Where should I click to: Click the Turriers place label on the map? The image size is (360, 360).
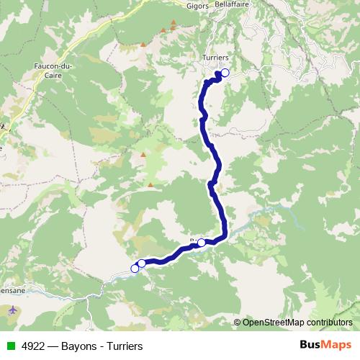(216, 58)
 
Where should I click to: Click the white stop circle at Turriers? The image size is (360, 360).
(225, 72)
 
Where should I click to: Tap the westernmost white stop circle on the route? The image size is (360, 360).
(135, 269)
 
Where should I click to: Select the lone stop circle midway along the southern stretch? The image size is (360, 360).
(202, 243)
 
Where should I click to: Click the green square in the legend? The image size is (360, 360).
(11, 346)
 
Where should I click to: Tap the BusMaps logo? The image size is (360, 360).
(326, 345)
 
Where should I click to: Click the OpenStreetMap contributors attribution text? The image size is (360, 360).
(297, 322)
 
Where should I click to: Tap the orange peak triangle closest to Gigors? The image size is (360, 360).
(173, 24)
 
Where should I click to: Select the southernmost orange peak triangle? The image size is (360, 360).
(150, 185)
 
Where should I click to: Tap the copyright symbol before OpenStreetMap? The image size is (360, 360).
(238, 322)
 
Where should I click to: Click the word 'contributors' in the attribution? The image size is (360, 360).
(329, 322)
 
